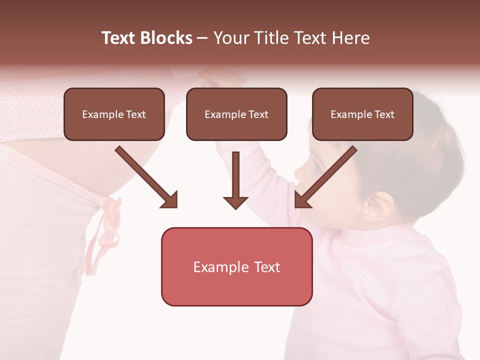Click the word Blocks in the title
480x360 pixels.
click(x=166, y=38)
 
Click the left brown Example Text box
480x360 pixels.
click(x=114, y=114)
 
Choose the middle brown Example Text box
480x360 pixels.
click(x=236, y=114)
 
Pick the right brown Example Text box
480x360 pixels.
click(x=362, y=114)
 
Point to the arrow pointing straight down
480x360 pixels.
click(x=235, y=180)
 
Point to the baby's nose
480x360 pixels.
click(x=299, y=172)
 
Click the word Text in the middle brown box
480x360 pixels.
click(x=258, y=114)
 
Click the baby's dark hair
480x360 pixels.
click(x=425, y=150)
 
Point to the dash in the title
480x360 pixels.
click(x=202, y=38)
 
